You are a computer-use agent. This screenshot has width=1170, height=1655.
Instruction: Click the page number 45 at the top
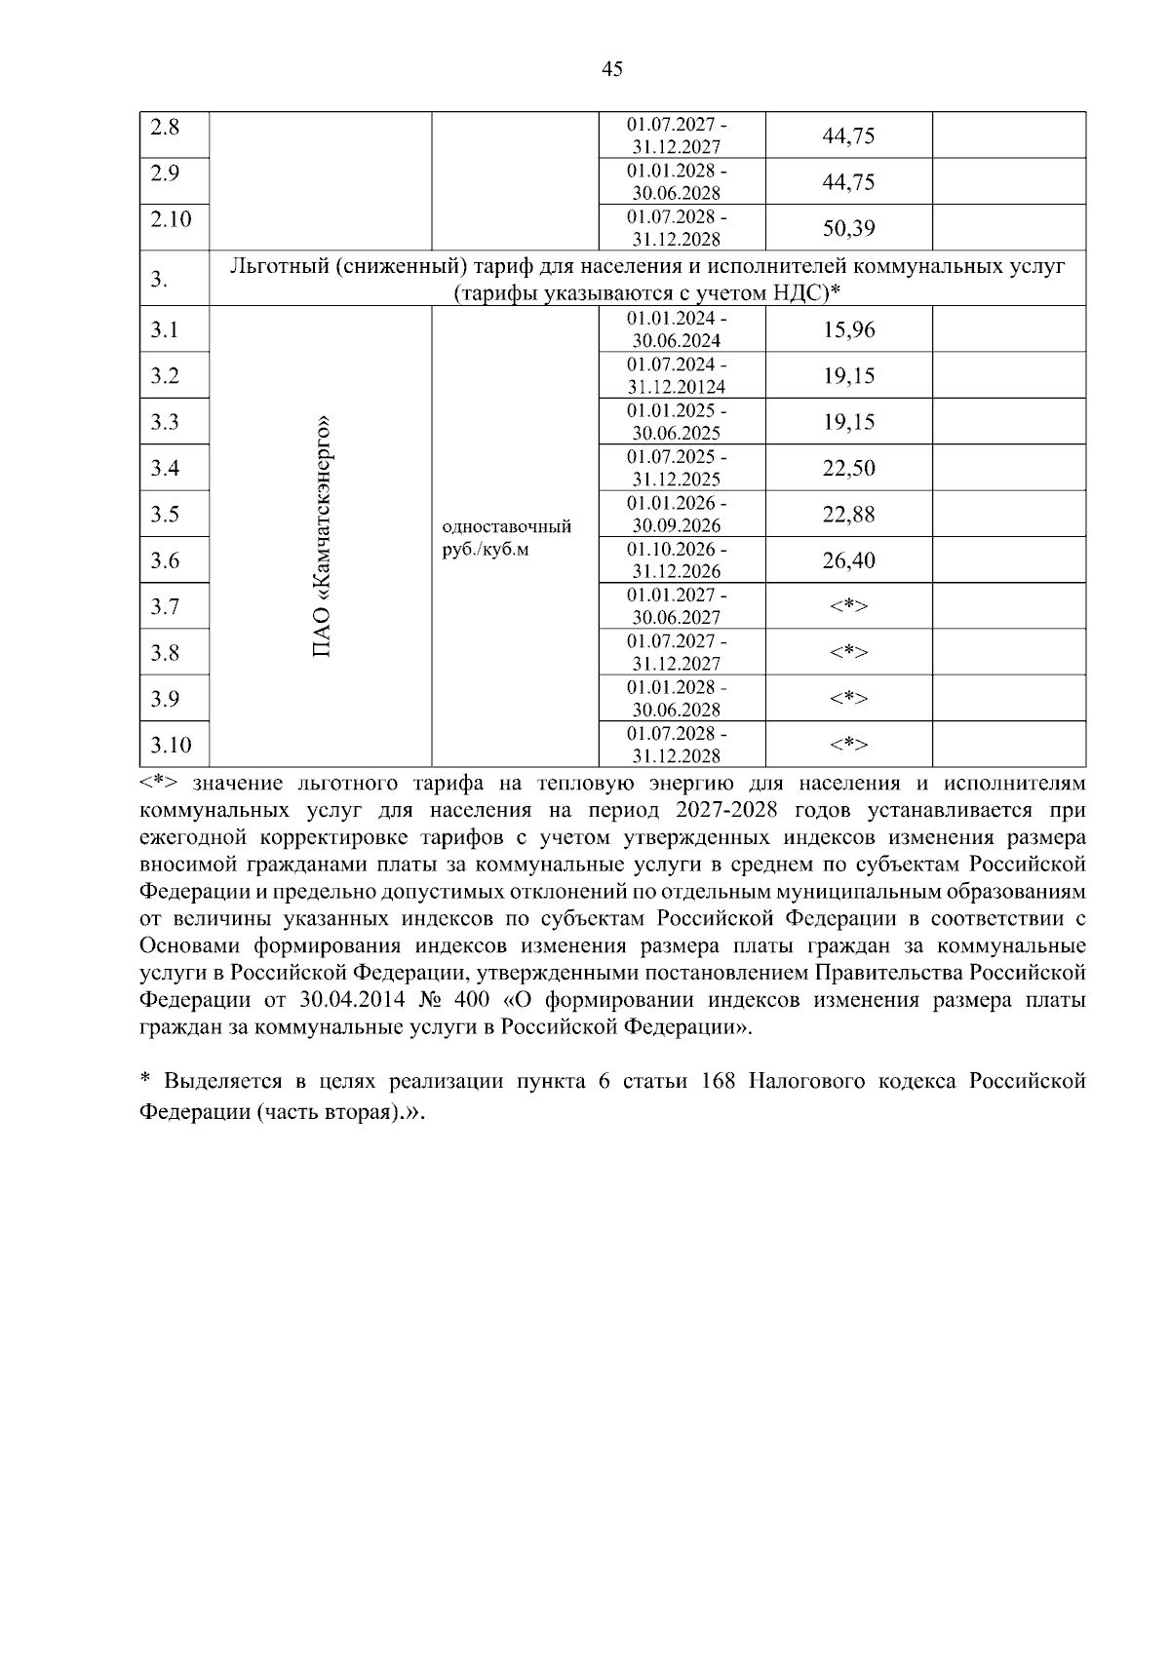pos(612,68)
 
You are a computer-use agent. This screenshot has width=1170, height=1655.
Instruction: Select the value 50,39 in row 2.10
pos(848,229)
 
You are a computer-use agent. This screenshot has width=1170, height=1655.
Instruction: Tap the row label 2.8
pos(165,127)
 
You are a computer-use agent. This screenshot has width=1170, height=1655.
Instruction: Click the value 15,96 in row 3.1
pos(848,329)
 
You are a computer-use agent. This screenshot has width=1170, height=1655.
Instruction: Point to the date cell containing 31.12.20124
pos(679,387)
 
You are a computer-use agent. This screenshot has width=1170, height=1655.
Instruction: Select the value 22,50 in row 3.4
pos(848,468)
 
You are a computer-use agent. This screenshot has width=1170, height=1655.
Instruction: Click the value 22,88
pos(848,514)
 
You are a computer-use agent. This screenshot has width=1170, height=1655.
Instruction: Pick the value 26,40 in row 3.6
pos(848,560)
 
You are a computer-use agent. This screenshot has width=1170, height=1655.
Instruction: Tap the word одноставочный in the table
pos(507,527)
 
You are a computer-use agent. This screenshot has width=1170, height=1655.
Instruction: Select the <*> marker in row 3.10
pos(848,745)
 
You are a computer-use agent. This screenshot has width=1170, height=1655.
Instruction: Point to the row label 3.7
pos(165,606)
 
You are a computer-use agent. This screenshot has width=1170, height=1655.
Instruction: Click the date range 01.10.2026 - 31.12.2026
pos(678,560)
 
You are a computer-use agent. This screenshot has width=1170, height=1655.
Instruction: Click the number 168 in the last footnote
pos(719,1082)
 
